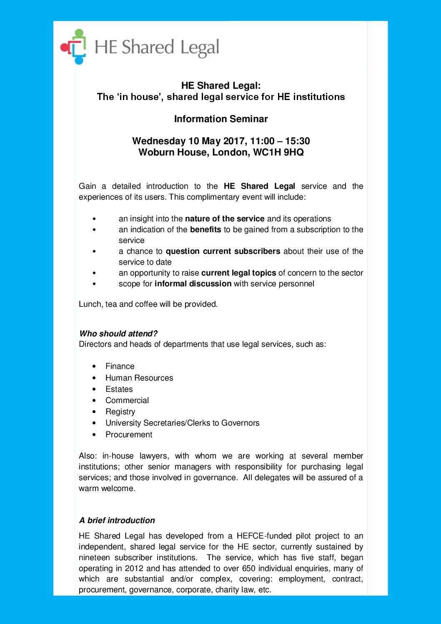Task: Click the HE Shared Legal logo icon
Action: (x=74, y=47)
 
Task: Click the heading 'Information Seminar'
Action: (x=221, y=119)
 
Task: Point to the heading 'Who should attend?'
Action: (x=118, y=333)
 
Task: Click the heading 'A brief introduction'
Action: (x=117, y=520)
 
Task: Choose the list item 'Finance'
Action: (x=120, y=366)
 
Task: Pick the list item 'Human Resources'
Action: (x=139, y=378)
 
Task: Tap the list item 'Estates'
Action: (x=119, y=389)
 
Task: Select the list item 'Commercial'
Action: (x=127, y=400)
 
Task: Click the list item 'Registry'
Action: (x=120, y=411)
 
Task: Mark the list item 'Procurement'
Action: (x=129, y=434)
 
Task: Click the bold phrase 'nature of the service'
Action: (x=225, y=218)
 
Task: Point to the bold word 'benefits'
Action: (x=205, y=229)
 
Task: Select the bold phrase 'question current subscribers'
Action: (x=223, y=251)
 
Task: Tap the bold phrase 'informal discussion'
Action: (x=193, y=283)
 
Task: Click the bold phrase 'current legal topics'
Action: (x=238, y=273)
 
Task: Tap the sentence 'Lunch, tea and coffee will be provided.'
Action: (x=148, y=304)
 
